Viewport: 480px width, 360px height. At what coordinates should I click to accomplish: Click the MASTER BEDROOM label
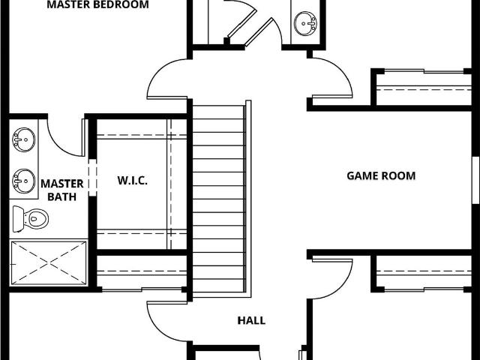98,4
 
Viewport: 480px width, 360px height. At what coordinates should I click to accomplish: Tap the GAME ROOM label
381,175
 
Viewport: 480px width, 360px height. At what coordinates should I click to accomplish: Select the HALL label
251,320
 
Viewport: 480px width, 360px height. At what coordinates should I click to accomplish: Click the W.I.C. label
132,180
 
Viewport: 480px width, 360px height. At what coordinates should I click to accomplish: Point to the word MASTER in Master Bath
62,184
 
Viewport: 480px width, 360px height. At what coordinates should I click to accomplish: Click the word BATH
62,196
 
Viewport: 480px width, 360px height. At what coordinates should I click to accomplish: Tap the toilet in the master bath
31,219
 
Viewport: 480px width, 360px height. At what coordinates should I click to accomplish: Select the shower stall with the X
49,263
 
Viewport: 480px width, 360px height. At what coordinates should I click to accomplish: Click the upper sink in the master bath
23,139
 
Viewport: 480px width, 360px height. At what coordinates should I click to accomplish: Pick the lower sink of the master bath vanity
23,181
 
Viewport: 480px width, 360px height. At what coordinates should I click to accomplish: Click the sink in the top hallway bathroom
305,23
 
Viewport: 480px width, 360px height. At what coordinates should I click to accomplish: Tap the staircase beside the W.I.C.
219,198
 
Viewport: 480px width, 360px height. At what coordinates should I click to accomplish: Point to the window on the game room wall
475,180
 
